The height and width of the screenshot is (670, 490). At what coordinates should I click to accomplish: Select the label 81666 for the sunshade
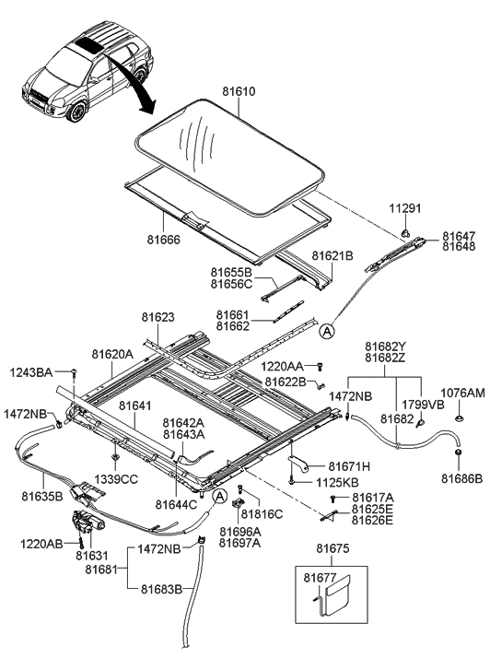160,239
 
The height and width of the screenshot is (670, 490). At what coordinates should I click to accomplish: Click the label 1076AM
462,393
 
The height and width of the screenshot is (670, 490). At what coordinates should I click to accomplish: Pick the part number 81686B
462,478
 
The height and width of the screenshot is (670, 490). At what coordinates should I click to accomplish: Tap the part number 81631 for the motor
91,556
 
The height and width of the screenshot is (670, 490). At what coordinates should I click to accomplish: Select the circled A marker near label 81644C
217,497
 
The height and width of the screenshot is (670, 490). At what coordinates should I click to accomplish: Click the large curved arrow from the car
122,76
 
